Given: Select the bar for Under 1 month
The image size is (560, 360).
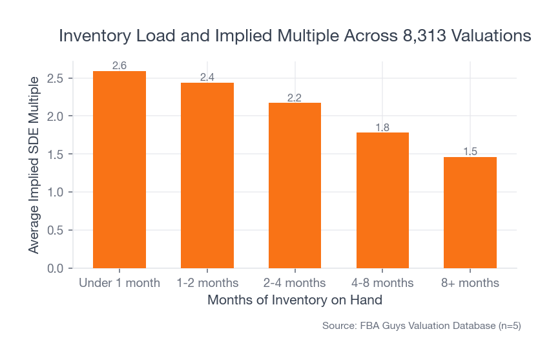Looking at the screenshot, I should (x=119, y=169).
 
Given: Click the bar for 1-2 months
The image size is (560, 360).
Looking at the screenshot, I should (x=207, y=175).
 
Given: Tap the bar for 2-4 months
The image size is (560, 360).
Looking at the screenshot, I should (x=295, y=185).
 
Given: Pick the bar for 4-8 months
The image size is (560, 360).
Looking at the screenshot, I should (x=382, y=200).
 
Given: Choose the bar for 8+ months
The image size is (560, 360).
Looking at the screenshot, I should (x=470, y=213).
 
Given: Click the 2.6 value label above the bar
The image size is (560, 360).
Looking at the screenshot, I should (x=119, y=66).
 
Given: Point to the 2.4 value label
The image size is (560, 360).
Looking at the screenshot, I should (x=207, y=78).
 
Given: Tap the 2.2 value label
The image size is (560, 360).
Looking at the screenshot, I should (x=295, y=98).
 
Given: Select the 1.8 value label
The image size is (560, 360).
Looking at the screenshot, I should (x=382, y=127).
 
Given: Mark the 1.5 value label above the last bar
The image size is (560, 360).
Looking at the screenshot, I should (x=470, y=152).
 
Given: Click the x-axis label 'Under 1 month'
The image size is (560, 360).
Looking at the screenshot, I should (x=119, y=283).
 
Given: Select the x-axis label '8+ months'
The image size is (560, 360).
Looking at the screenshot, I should (x=470, y=283).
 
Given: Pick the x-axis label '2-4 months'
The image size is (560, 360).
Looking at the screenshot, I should (x=295, y=283).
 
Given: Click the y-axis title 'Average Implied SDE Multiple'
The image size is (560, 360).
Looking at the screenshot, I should (x=34, y=165).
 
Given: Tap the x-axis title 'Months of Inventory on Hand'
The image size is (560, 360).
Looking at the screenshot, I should (x=295, y=301).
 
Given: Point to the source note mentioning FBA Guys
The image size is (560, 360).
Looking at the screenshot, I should (x=421, y=326).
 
